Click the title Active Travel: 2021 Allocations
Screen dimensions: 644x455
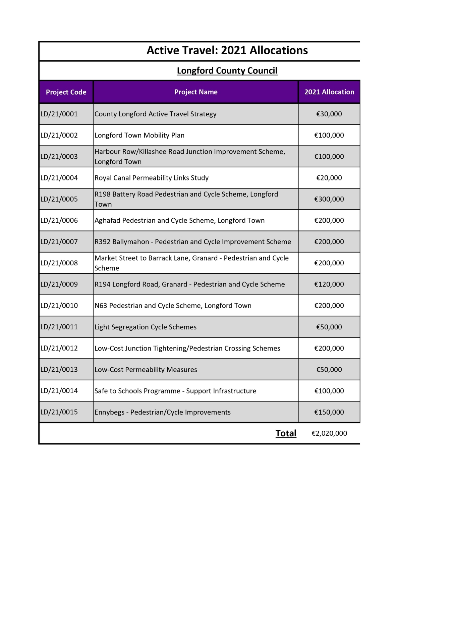click(227, 50)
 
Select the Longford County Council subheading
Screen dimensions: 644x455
click(227, 70)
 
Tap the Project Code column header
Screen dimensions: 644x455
click(66, 92)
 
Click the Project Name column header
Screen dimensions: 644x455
click(196, 92)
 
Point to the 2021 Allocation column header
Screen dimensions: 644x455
click(329, 92)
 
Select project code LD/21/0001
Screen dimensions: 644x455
click(59, 114)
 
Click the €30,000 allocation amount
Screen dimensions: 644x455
click(329, 114)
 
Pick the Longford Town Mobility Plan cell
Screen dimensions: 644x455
click(139, 135)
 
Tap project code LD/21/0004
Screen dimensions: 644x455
click(59, 178)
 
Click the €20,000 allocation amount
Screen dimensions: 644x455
click(329, 178)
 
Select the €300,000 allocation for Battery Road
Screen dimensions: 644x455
click(329, 199)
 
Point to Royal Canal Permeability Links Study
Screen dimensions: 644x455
click(152, 178)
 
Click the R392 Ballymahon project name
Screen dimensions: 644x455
click(193, 242)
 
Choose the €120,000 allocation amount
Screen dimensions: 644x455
click(329, 284)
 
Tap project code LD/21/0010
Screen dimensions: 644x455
click(59, 306)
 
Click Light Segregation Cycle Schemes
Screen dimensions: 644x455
click(146, 327)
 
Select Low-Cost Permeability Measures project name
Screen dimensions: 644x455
click(146, 370)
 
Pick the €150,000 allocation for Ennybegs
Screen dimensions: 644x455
click(329, 412)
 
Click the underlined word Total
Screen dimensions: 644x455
click(286, 433)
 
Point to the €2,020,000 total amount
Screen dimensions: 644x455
click(329, 433)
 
